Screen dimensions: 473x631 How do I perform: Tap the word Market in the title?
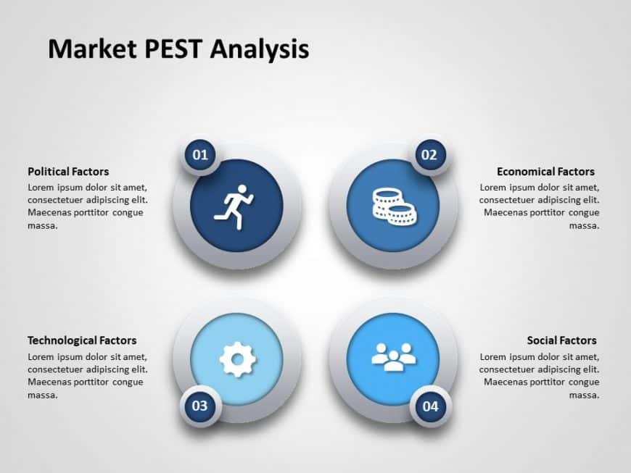[x=85, y=49]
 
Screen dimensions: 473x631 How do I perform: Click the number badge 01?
[x=199, y=154]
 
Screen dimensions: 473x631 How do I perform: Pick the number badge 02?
[x=429, y=154]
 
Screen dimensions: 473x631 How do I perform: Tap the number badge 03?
[x=199, y=406]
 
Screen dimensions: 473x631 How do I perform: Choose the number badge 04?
[x=430, y=406]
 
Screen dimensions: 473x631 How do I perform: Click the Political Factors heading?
[x=68, y=172]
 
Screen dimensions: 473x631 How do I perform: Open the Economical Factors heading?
[x=545, y=172]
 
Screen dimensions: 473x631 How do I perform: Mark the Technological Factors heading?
[x=82, y=340]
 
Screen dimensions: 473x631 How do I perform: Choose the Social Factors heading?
[x=561, y=340]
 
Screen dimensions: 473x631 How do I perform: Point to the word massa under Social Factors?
[x=584, y=395]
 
